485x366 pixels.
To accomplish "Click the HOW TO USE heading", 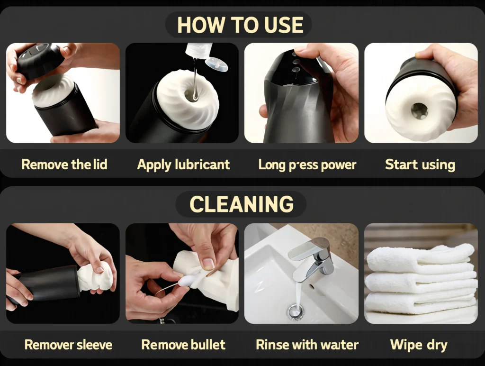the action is pos(240,25).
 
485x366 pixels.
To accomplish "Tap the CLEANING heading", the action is pos(241,204).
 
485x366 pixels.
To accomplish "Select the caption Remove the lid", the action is pos(64,164).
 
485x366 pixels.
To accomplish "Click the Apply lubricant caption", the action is pos(183,165).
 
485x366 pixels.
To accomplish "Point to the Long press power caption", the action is pos(307,165).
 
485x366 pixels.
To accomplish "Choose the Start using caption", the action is pos(420,165).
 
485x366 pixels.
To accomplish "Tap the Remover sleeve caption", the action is pos(68,345).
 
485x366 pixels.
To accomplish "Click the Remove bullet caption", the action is pos(183,345).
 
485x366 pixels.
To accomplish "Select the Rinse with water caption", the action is pos(307,345).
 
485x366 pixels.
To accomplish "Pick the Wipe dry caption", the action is pos(419,345).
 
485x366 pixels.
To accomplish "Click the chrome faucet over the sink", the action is pos(313,257).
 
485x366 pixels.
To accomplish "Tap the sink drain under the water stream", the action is pos(295,311).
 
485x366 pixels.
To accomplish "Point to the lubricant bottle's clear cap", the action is pos(216,64).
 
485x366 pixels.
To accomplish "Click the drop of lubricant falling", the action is pos(195,96).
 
